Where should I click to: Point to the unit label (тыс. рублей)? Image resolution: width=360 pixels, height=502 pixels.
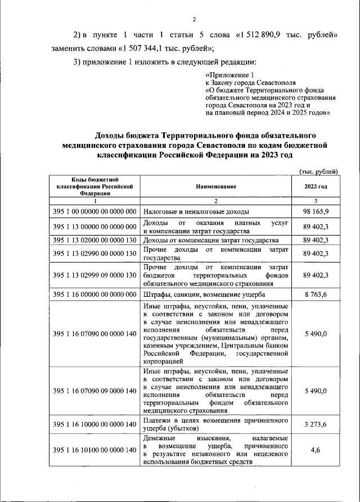click(x=318, y=170)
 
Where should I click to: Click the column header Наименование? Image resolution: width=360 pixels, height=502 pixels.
click(x=216, y=186)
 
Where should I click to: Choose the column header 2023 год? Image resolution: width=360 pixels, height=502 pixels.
click(x=316, y=186)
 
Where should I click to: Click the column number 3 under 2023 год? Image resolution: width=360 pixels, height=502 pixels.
click(x=316, y=201)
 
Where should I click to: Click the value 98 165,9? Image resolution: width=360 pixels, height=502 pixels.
click(x=316, y=211)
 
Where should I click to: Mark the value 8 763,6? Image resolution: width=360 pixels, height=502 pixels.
click(x=316, y=293)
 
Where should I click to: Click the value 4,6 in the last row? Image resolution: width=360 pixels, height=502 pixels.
click(x=316, y=450)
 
